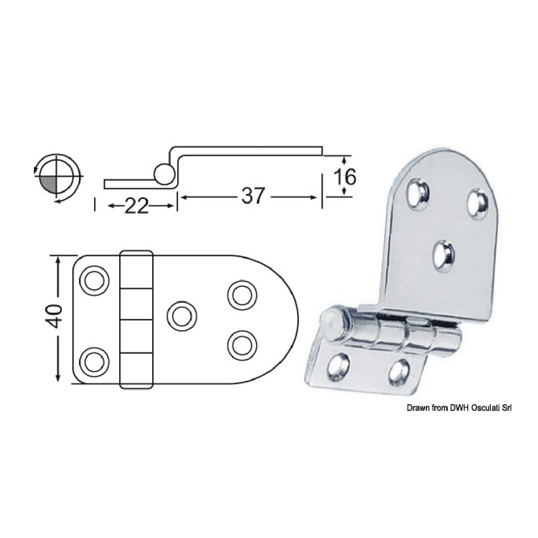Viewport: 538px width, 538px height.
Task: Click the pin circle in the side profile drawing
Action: (164, 174)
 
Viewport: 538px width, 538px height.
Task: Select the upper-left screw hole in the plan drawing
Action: (94, 280)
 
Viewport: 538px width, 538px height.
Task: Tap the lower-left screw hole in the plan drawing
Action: (94, 362)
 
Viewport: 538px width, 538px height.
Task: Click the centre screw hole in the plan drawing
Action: (181, 316)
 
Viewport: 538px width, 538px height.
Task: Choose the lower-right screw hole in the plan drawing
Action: (242, 345)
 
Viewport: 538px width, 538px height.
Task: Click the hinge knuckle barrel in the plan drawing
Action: (136, 319)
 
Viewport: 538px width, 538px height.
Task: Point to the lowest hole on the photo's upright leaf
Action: (444, 257)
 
